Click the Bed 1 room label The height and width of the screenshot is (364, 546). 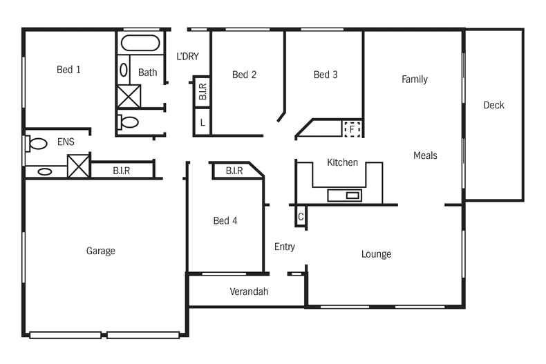point(68,69)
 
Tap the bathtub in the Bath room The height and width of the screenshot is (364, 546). point(140,44)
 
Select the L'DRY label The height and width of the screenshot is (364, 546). point(187,57)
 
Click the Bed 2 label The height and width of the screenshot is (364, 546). point(244,75)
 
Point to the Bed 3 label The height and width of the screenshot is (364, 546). point(325,75)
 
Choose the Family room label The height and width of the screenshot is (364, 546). point(415,79)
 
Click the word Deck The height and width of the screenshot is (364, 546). point(493,105)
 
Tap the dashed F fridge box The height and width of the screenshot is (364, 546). point(352,128)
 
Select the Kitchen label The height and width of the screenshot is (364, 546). point(342,162)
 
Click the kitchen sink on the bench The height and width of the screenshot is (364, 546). point(352,195)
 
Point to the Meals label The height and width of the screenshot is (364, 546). point(425,155)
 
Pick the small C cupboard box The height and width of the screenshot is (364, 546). point(300,216)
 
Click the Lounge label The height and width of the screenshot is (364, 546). point(376,254)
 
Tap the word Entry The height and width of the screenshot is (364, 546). point(284,247)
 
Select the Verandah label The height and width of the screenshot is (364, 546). point(249,291)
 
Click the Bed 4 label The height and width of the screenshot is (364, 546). point(225,221)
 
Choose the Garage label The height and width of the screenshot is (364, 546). point(100,251)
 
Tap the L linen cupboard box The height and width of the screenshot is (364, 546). point(202,122)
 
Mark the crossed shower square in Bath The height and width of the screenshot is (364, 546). point(129,96)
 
